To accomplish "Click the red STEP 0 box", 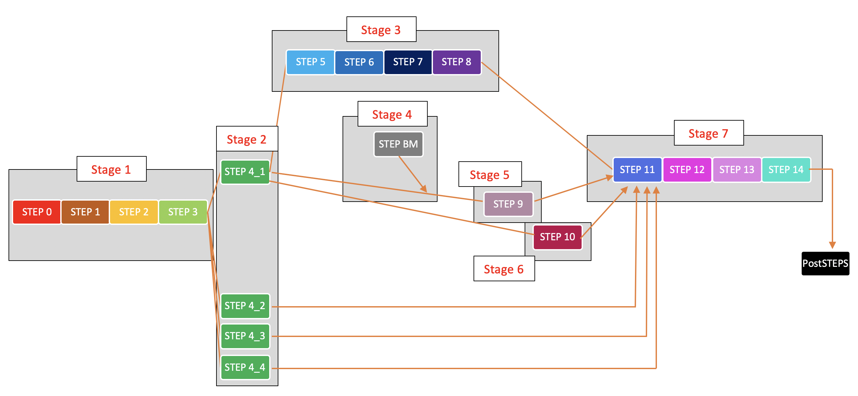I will tap(37, 212).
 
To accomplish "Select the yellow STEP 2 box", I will tap(134, 212).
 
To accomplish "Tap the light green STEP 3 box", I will tap(182, 212).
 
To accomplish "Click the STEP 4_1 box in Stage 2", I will tap(245, 172).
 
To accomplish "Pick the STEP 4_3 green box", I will tap(245, 336).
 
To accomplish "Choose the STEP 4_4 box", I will tap(245, 367).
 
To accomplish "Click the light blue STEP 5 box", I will tap(310, 62).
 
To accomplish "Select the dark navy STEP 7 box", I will tap(408, 62).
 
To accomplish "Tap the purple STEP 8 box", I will tap(456, 62).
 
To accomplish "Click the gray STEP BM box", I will tap(398, 144).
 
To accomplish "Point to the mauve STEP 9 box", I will tap(508, 204).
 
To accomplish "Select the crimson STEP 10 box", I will tap(557, 237).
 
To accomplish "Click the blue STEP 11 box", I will tap(637, 170).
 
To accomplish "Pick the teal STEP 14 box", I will tap(786, 170).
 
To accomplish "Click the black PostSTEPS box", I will tap(825, 263).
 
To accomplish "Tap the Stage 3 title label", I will tap(381, 30).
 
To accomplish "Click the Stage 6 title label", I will tap(504, 269).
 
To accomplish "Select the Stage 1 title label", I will tap(111, 169).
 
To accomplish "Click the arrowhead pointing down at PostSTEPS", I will tap(832, 245).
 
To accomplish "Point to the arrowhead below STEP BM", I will tap(424, 189).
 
